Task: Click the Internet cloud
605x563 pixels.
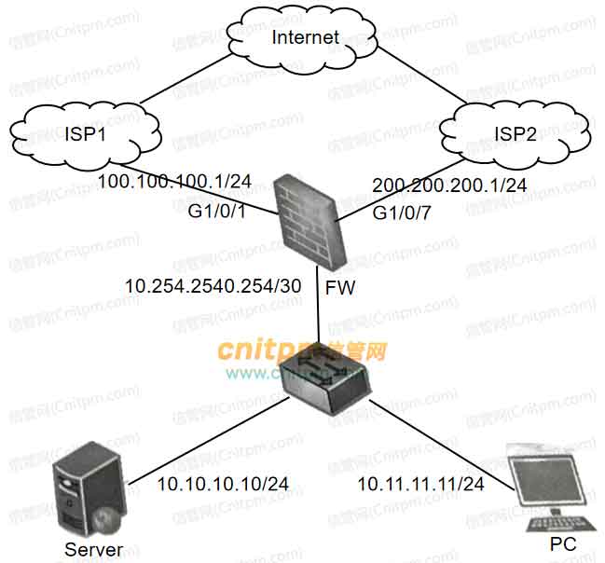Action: [304, 38]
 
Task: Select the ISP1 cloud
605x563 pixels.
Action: [80, 136]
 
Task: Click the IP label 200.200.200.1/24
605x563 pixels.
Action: [449, 185]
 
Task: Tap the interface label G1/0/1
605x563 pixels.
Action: [219, 213]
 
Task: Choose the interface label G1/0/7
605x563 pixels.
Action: [403, 213]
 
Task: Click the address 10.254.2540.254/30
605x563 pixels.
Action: [213, 286]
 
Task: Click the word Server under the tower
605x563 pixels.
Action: [93, 549]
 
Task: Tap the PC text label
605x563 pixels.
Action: [563, 543]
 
